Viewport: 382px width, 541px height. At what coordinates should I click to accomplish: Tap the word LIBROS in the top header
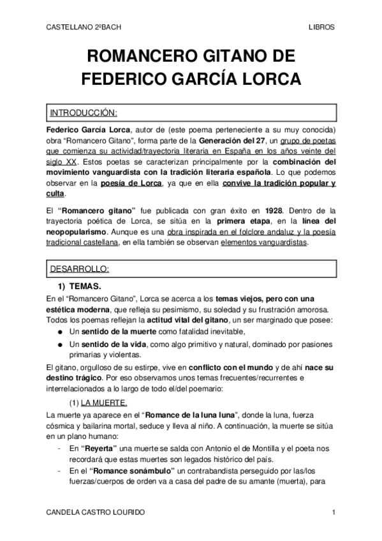tap(321, 28)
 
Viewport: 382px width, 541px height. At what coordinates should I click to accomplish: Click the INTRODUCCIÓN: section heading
tap(84, 113)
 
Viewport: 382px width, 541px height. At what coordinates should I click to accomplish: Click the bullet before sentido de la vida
tap(60, 345)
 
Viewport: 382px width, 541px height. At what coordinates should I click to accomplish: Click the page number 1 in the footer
tap(334, 513)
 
